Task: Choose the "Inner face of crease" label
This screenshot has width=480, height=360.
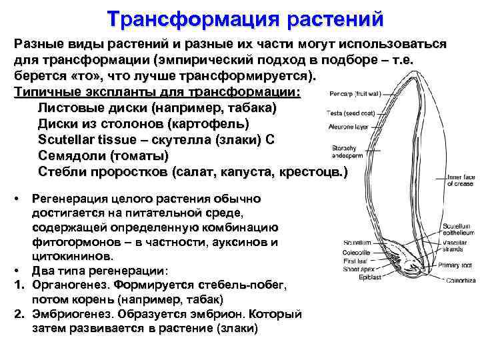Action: (459, 181)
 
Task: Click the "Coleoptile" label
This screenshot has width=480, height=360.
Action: (356, 252)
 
